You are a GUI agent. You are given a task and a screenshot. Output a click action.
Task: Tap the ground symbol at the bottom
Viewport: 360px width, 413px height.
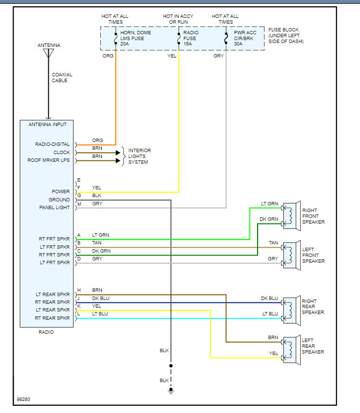[170, 390]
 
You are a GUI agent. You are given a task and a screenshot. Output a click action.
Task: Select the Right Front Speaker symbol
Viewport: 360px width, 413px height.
[291, 214]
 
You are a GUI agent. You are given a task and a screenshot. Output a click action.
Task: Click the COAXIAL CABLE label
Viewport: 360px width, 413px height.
[62, 78]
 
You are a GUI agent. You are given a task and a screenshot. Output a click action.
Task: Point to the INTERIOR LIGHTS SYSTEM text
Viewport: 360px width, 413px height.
[139, 156]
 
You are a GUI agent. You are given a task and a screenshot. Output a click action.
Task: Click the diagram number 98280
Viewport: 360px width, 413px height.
[23, 400]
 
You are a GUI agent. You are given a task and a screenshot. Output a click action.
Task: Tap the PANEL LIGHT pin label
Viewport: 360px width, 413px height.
[54, 208]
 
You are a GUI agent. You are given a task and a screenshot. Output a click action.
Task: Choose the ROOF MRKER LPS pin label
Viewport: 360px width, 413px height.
[49, 160]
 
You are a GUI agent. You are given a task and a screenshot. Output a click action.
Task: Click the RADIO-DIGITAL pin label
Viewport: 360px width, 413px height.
[52, 144]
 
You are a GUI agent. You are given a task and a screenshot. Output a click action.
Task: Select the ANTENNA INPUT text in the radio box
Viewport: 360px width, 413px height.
[47, 125]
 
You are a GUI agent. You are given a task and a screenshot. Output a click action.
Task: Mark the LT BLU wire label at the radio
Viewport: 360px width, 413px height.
[100, 314]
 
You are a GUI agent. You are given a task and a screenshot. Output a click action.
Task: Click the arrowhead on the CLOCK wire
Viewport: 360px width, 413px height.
[117, 153]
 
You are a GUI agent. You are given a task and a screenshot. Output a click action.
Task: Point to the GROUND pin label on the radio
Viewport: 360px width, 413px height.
[59, 199]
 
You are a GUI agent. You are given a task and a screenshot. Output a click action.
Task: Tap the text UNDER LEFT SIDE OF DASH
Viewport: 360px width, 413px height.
[286, 39]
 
